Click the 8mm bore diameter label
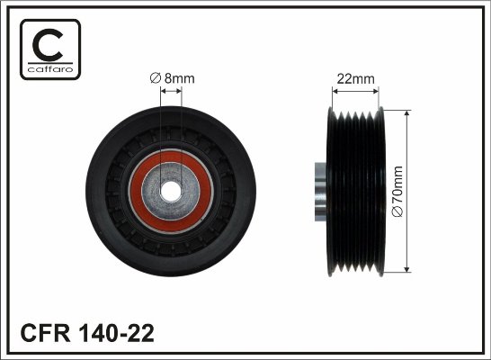[x=173, y=78]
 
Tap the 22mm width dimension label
[x=355, y=78]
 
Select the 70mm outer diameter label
[x=397, y=192]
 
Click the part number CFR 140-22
[x=87, y=333]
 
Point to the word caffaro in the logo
[x=50, y=69]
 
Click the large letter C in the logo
[x=48, y=45]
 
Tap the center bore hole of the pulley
[x=171, y=191]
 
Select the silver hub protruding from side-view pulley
[x=320, y=192]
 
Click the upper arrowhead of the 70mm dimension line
[x=406, y=113]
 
